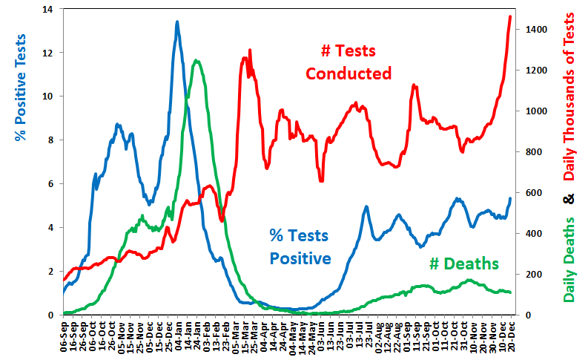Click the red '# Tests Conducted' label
pos(348,62)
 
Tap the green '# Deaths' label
pos(464,264)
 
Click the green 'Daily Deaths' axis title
pos(570,260)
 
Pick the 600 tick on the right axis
pos(535,193)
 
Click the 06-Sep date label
pos(65,335)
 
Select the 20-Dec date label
pos(509,335)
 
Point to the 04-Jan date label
pos(179,335)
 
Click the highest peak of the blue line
pos(176,22)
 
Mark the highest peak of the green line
pos(195,61)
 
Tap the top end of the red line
pos(509,16)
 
